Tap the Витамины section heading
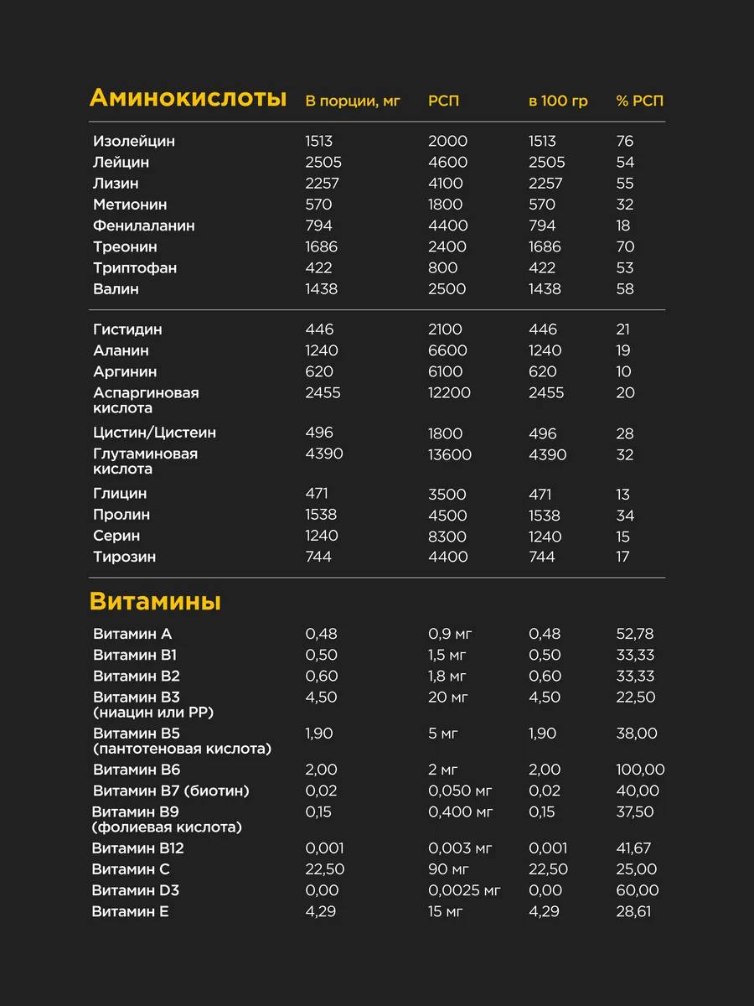click(x=155, y=601)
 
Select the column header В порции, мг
click(x=353, y=101)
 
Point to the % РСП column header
click(x=639, y=101)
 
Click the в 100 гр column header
click(x=558, y=101)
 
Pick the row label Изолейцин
click(x=134, y=141)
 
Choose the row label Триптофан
click(x=135, y=267)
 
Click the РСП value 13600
click(x=449, y=454)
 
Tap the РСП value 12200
click(x=449, y=392)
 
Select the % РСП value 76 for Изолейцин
click(x=625, y=141)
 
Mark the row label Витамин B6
click(x=137, y=770)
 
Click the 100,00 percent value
click(x=640, y=770)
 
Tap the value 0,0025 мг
click(x=464, y=890)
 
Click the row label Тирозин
click(x=125, y=557)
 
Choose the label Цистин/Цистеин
click(x=155, y=433)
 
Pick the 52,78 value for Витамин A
click(x=635, y=634)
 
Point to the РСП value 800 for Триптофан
click(x=443, y=267)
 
